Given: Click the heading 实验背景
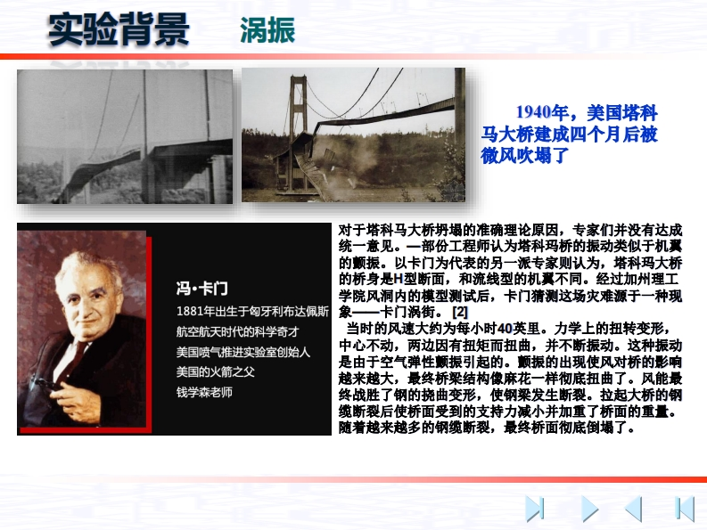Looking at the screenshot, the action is click(x=119, y=29).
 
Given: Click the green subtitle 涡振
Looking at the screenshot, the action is click(x=267, y=30).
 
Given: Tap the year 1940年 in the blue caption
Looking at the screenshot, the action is click(x=540, y=112).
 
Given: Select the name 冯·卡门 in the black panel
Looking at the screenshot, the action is click(x=202, y=289).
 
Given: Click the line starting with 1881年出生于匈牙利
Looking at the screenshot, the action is click(x=252, y=312).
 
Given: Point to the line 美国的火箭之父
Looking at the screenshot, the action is click(x=216, y=371).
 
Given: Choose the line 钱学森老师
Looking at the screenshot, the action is click(x=204, y=392).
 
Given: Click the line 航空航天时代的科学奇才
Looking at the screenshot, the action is click(x=238, y=331).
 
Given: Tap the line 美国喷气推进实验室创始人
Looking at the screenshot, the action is click(x=243, y=352).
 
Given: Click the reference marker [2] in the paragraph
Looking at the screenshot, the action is click(x=460, y=312).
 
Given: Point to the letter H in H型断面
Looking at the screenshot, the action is click(x=398, y=279).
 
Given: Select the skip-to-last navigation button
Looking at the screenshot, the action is click(x=535, y=509).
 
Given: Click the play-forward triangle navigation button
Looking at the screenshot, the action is click(x=588, y=509).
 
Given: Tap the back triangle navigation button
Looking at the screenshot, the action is click(x=634, y=509).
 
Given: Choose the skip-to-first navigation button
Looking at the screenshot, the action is click(x=685, y=509).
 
